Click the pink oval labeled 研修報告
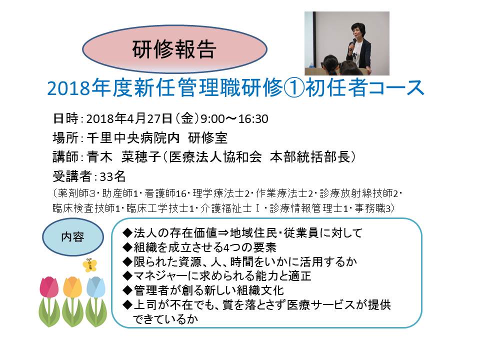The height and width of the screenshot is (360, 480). [174, 49]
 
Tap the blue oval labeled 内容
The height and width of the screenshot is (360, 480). [73, 237]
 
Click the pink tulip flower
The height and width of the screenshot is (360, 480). [49, 287]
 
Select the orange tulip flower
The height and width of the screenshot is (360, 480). [72, 287]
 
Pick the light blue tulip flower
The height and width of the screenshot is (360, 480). [96, 287]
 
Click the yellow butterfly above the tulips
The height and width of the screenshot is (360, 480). [89, 265]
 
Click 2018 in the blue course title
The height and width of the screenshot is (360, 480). [69, 88]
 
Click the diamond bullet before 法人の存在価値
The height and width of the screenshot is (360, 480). [127, 233]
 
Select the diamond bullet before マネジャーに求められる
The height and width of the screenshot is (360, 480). [127, 276]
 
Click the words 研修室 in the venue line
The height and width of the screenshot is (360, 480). [208, 138]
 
